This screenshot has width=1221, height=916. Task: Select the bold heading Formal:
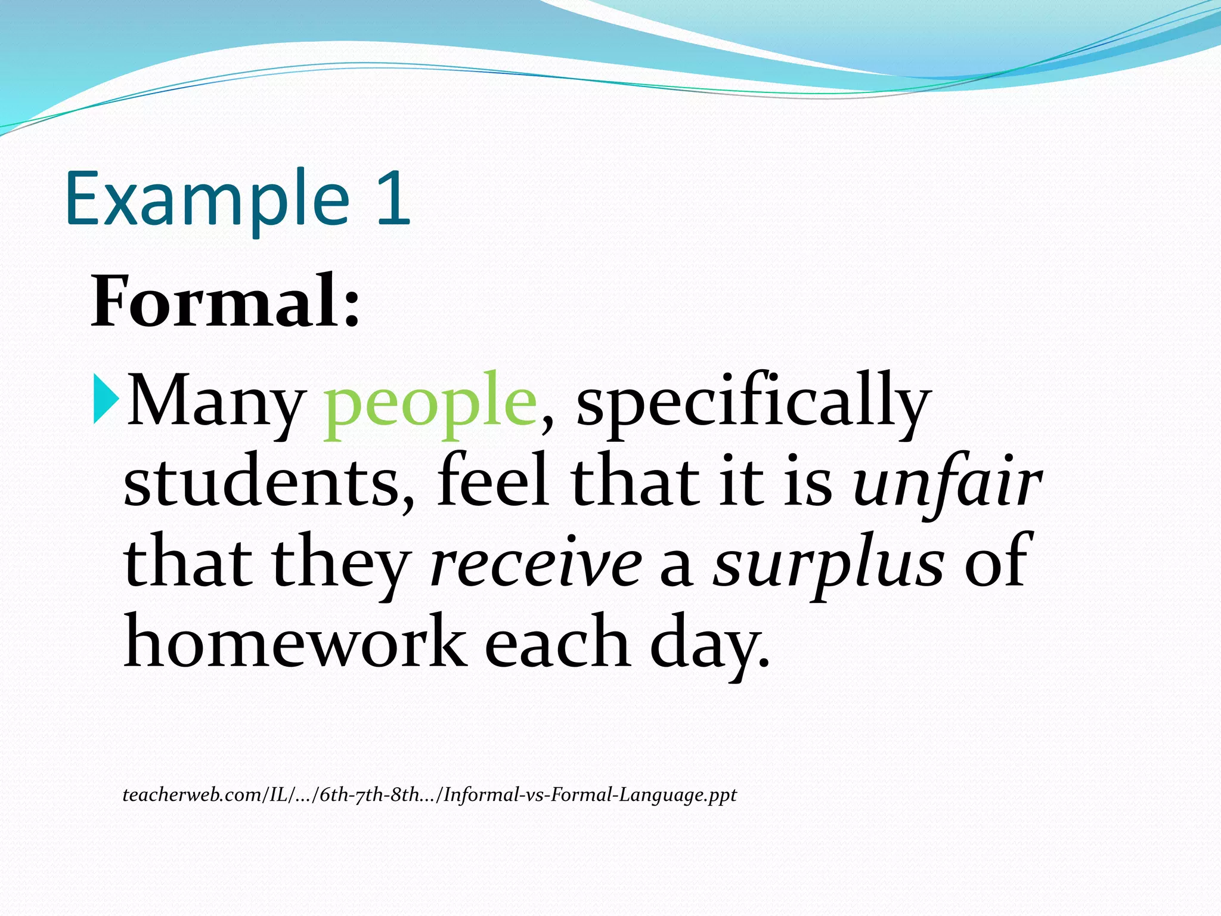225,302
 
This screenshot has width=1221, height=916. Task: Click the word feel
492,481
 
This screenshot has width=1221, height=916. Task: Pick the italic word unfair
948,481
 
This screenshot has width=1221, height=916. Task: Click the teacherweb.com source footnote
429,795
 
